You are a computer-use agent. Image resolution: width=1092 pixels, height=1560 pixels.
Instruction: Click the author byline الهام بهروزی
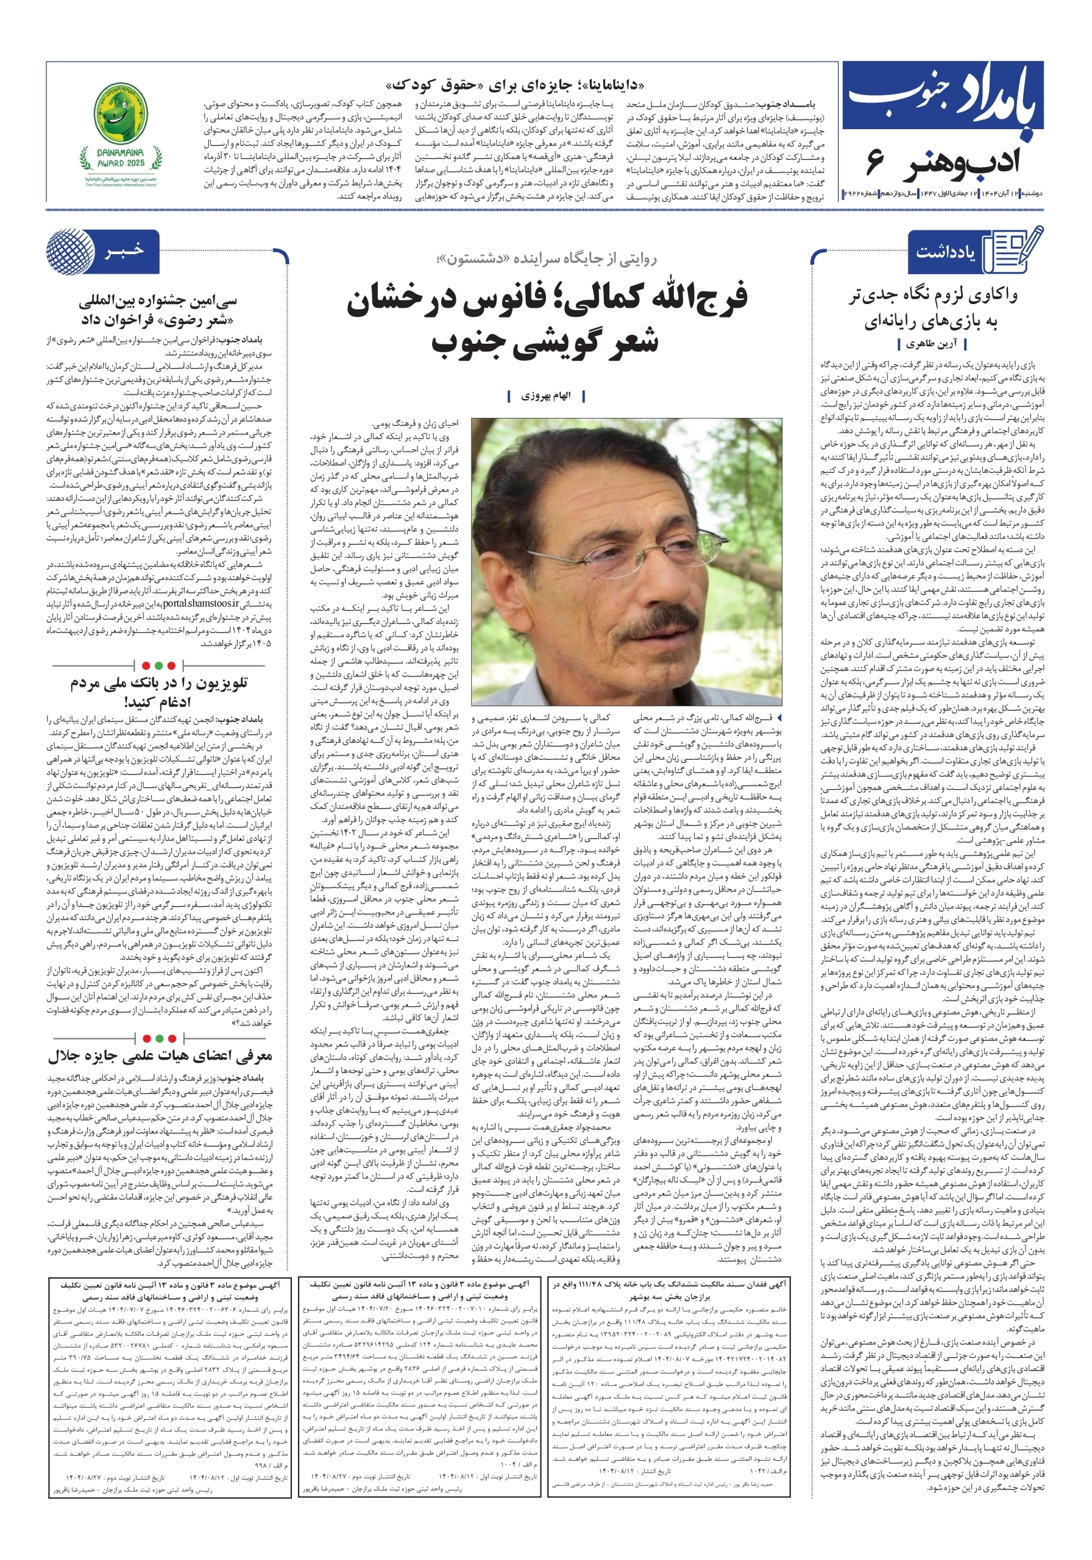(545, 395)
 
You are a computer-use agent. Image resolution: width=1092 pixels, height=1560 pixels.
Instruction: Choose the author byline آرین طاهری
(932, 344)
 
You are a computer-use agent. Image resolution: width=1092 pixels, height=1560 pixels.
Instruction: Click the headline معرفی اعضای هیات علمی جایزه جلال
(160, 1055)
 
